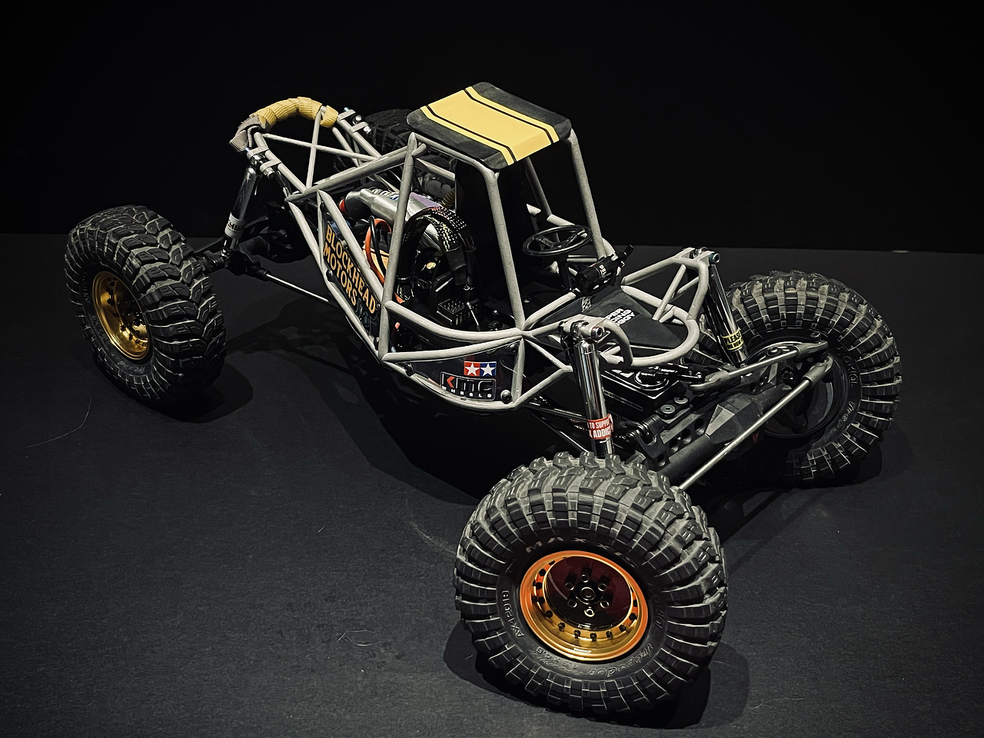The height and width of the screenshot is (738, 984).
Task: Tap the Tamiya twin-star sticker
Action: tap(469, 369)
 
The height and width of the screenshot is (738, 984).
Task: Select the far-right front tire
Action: tap(823, 369)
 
